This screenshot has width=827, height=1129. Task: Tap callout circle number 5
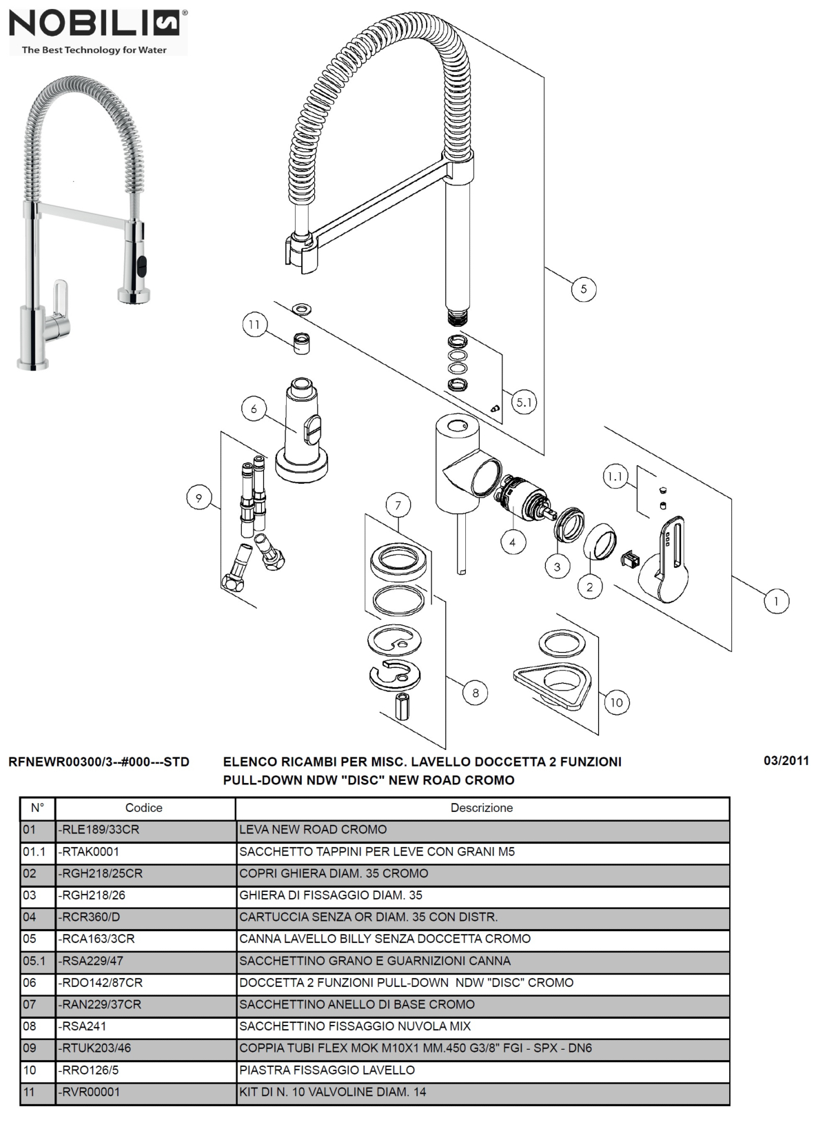click(x=583, y=289)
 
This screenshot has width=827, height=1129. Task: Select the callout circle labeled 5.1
click(x=524, y=402)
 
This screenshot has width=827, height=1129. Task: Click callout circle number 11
click(x=255, y=325)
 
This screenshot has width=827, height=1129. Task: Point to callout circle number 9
click(x=199, y=498)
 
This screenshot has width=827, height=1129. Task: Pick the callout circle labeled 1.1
click(x=615, y=476)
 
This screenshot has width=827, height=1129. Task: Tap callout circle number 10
click(x=616, y=702)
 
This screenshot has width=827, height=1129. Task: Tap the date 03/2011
click(x=786, y=761)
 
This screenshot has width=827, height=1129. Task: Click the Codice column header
click(x=144, y=808)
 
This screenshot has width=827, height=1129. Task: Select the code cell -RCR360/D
click(x=90, y=917)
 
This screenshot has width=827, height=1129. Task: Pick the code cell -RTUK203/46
click(x=95, y=1048)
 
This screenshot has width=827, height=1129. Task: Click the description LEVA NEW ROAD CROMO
click(x=313, y=830)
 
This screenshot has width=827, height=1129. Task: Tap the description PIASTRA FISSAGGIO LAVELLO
click(x=327, y=1070)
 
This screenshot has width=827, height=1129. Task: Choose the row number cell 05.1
click(x=35, y=961)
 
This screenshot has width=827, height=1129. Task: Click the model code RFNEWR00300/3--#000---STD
click(x=99, y=762)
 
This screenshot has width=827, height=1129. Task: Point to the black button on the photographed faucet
click(x=143, y=263)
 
